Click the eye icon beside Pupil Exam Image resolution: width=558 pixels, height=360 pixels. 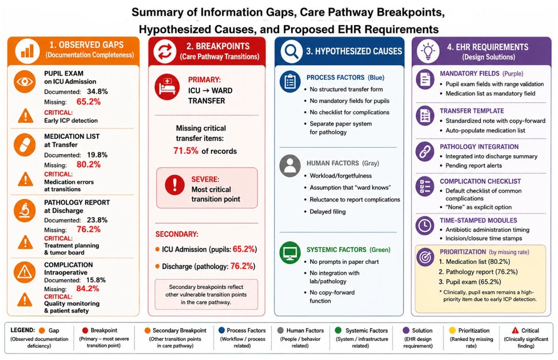click(25, 81)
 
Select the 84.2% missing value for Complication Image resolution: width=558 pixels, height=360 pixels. click(88, 289)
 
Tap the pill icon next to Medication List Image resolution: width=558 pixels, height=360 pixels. click(25, 145)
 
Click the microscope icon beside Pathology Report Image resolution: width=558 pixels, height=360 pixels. click(25, 210)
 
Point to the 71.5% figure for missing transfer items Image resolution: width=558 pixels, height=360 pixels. click(186, 151)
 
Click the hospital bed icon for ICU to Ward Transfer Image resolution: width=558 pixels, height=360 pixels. click(167, 87)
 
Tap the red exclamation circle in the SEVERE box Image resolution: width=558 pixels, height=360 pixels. click(175, 185)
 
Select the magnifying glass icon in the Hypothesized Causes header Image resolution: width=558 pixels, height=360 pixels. click(291, 51)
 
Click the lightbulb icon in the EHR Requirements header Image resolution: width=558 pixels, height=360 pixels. click(428, 51)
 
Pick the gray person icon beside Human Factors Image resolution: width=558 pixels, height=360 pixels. click(290, 166)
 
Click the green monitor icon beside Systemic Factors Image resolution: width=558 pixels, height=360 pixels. click(290, 252)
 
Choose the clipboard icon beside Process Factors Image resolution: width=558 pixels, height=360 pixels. click(290, 81)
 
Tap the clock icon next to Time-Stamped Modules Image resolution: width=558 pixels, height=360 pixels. click(425, 225)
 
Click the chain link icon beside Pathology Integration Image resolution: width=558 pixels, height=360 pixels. click(425, 152)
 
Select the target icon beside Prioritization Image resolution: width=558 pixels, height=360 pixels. click(425, 257)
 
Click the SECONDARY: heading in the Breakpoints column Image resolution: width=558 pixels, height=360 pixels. click(177, 234)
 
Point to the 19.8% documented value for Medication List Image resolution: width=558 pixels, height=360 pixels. click(97, 155)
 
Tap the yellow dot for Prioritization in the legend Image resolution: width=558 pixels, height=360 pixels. click(453, 330)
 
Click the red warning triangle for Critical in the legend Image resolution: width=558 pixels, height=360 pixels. click(515, 330)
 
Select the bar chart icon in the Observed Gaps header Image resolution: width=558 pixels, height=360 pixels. click(27, 51)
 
